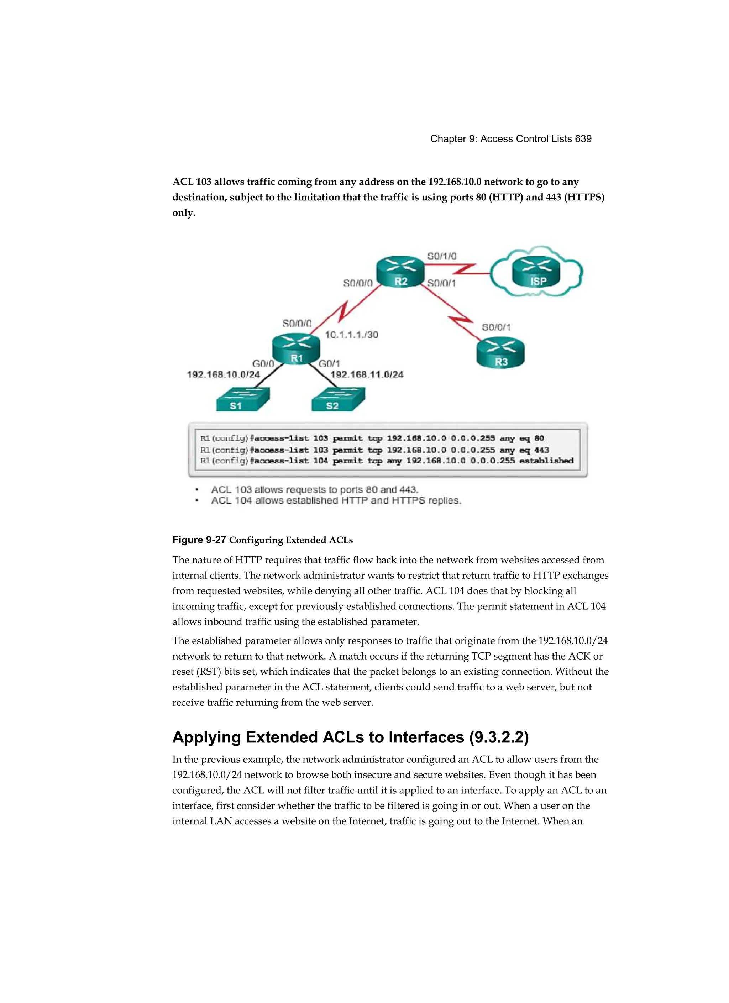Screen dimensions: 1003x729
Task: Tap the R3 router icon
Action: point(500,353)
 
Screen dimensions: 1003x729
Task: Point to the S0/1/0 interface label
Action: point(441,256)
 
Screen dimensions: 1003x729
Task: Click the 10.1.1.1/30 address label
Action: point(352,335)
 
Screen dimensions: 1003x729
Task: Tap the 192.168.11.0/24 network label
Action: point(367,374)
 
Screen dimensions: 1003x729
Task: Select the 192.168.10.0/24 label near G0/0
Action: point(224,374)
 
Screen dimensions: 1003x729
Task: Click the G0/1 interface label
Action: point(329,363)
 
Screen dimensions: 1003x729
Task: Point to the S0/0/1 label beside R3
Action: point(496,327)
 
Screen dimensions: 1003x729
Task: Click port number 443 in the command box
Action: point(541,450)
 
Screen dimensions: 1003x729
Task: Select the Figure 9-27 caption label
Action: point(199,540)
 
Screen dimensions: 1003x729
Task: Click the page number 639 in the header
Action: point(583,139)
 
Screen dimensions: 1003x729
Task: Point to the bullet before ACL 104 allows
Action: point(197,501)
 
